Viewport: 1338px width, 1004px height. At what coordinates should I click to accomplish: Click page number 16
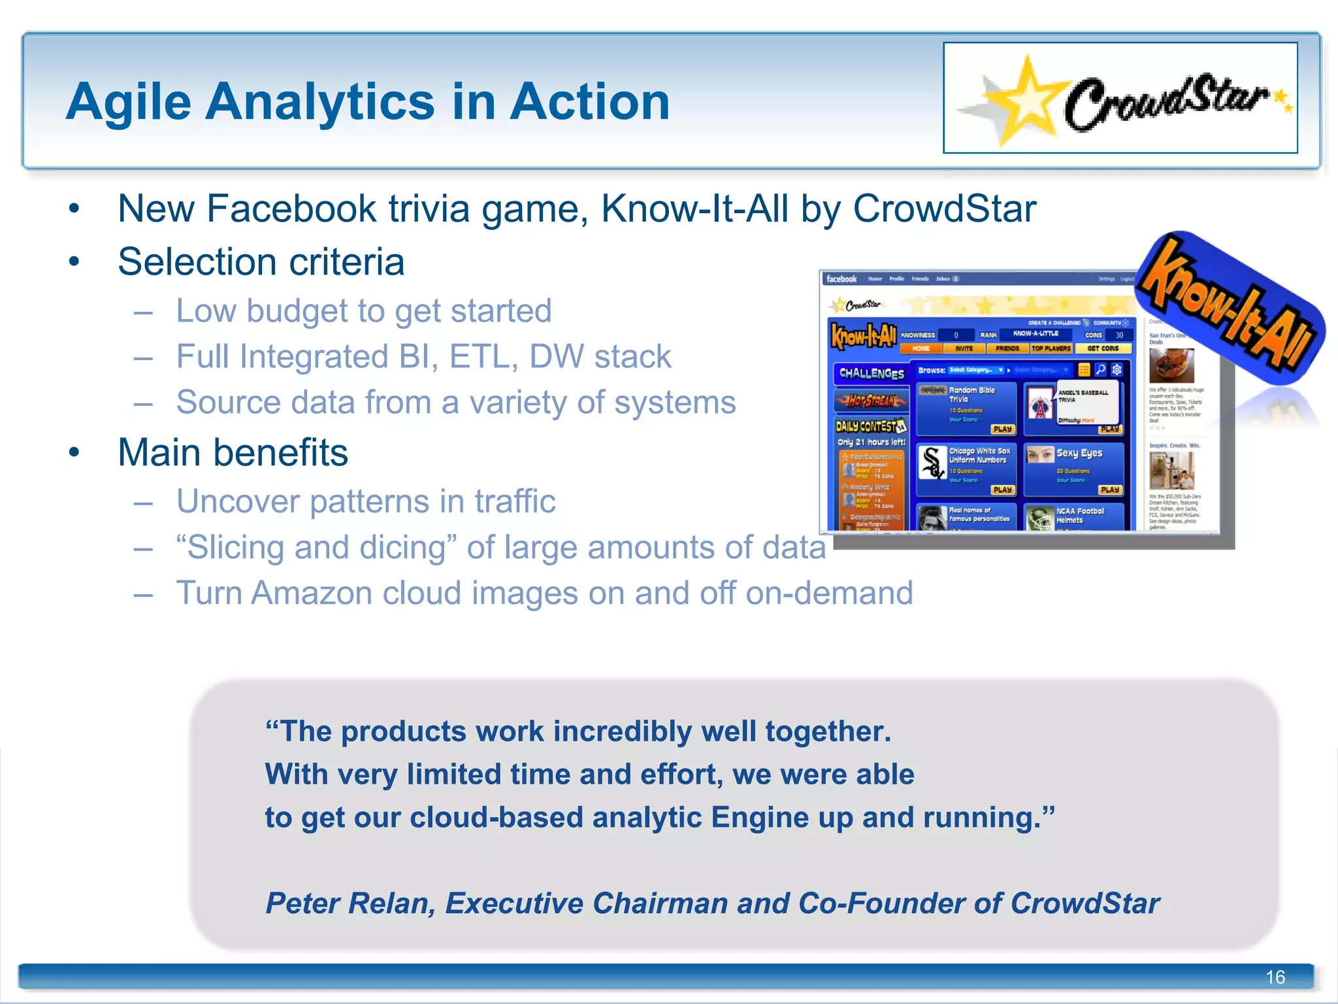1275,977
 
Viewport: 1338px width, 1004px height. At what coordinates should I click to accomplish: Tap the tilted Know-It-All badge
1228,307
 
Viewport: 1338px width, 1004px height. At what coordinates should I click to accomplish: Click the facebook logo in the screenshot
841,279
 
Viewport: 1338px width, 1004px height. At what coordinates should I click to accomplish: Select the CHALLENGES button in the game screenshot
871,373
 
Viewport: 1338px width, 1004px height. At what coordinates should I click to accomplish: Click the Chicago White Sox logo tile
932,462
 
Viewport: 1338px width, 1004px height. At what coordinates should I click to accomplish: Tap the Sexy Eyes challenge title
1079,453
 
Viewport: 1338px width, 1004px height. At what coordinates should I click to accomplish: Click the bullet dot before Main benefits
74,452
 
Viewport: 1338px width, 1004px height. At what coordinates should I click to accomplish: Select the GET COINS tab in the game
1103,348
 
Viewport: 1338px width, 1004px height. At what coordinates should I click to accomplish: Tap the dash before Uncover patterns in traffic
143,503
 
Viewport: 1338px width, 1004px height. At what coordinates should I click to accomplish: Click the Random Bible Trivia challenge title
971,394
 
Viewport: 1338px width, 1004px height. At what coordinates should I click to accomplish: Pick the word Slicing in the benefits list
235,548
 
